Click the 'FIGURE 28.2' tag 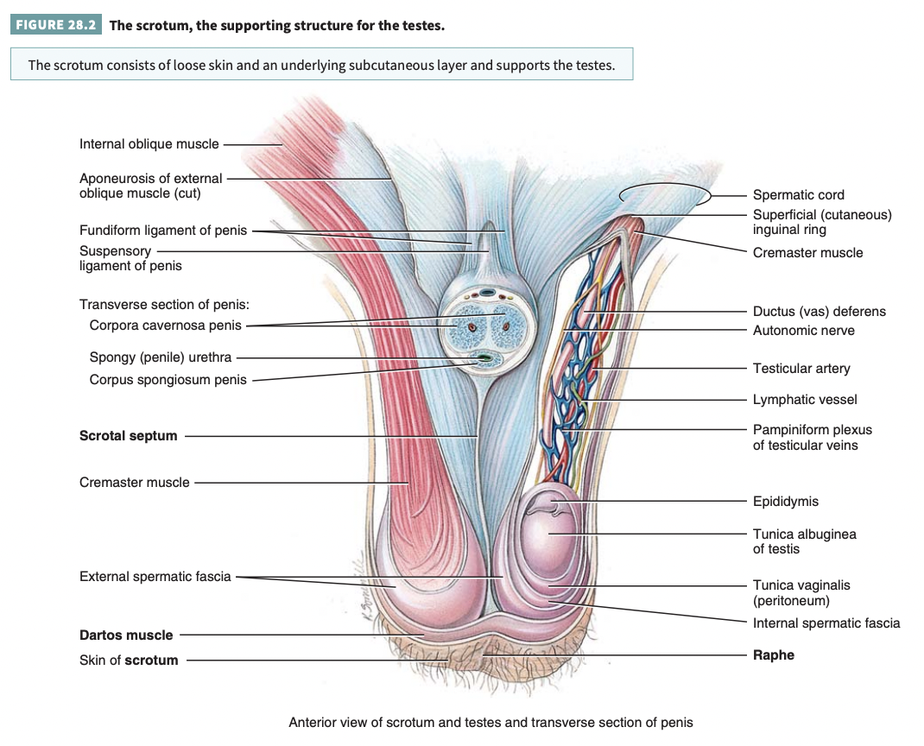tap(56, 25)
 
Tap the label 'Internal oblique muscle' tap(149, 144)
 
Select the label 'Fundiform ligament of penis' tap(162, 231)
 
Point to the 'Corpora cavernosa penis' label tap(165, 326)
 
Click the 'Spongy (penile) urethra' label tap(160, 357)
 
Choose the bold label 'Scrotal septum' tap(128, 436)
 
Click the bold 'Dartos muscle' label tap(126, 635)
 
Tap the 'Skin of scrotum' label tap(129, 661)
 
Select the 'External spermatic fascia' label tap(155, 576)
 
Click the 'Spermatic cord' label tap(798, 195)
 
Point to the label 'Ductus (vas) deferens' tap(819, 312)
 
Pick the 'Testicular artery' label tap(801, 369)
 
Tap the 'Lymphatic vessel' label tap(805, 400)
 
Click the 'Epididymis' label tap(785, 502)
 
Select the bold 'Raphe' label tap(773, 655)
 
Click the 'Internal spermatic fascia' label tap(826, 623)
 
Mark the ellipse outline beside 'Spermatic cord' tap(664, 196)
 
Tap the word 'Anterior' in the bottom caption tap(313, 722)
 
